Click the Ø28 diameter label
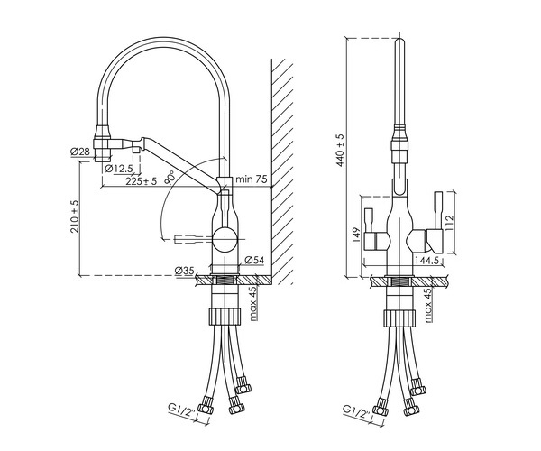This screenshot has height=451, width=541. point(78,152)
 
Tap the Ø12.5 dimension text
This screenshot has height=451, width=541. point(119,168)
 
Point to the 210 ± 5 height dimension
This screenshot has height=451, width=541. point(76,216)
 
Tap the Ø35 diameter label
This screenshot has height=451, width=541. point(185,271)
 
